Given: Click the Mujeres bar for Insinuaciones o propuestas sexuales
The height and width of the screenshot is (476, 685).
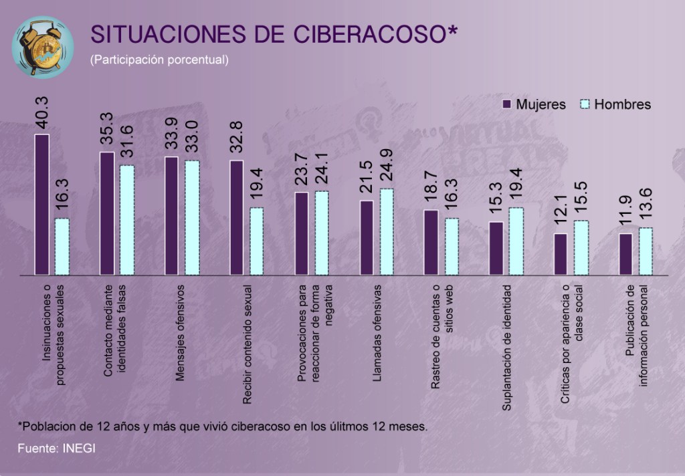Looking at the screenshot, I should pos(42,204).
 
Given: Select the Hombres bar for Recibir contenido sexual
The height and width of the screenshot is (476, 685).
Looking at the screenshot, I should pos(257,241).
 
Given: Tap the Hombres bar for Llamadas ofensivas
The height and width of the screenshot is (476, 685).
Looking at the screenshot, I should pos(387,231).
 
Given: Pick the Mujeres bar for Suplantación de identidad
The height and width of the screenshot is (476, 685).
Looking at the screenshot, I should pos(496,248).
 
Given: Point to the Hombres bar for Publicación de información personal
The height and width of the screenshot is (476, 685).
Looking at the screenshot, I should pos(646,251).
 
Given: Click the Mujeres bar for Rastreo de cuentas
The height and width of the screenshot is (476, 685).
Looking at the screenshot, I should pos(431,242).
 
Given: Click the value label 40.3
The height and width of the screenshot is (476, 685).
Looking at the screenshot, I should pos(42,114).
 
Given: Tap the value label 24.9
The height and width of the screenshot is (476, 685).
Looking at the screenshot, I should pos(387,168).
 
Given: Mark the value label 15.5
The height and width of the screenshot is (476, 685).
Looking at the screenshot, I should pos(581,200).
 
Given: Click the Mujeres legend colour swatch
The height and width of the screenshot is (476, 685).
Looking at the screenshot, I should pos(506,104).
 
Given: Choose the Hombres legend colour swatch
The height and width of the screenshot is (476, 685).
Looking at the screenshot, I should pos(585,104).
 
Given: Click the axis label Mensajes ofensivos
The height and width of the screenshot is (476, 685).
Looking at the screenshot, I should pos(180,332).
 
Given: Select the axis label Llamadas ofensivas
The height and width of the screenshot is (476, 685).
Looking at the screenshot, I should pos(377,333).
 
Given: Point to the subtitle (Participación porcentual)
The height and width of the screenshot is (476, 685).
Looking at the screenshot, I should pos(160,59).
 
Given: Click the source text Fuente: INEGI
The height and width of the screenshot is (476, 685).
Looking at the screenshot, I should pos(57,448).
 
